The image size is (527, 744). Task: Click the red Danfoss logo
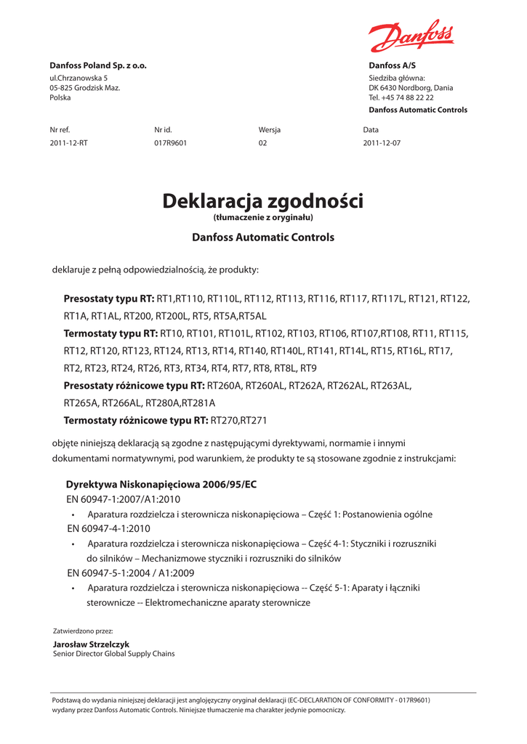[x=411, y=36]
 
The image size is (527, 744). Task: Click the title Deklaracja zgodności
[x=262, y=201]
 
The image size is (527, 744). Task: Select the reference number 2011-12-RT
[x=68, y=143]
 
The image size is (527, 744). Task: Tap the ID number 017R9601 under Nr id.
[x=170, y=143]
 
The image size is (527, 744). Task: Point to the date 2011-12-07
[x=382, y=143]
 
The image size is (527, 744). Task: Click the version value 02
[x=262, y=143]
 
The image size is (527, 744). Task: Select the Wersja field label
[x=269, y=129]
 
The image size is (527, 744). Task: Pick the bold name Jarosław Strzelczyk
[x=92, y=644]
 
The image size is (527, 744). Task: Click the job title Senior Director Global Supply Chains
[x=114, y=654]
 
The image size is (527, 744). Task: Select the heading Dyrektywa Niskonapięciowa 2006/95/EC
[x=161, y=484]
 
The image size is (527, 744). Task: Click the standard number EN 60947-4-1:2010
[x=108, y=528]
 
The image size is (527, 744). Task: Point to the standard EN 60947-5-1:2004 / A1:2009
[x=125, y=573]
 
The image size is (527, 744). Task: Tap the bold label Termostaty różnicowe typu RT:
[x=136, y=420]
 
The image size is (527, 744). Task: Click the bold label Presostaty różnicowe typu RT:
[x=134, y=385]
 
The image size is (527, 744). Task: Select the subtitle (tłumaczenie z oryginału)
[x=262, y=217]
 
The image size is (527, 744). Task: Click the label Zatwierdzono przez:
[x=83, y=631]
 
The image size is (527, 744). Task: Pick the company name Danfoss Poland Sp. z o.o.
[x=98, y=65]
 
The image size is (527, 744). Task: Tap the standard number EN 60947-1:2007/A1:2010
[x=123, y=499]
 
